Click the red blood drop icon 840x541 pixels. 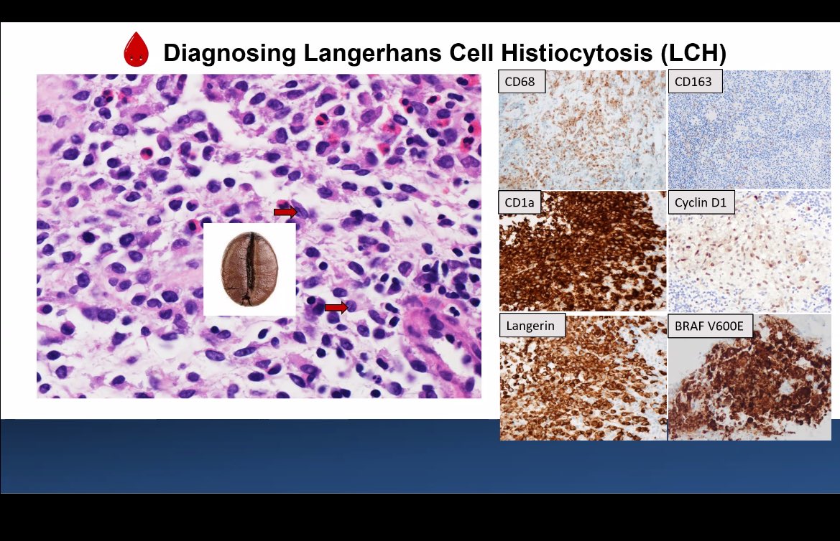(x=136, y=50)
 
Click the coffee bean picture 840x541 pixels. (x=249, y=269)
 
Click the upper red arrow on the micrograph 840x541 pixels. (x=285, y=212)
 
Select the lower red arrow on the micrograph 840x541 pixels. (x=336, y=307)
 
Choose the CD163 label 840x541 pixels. (x=693, y=82)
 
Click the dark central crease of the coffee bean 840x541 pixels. (x=248, y=269)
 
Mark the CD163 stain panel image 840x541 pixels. (x=749, y=140)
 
